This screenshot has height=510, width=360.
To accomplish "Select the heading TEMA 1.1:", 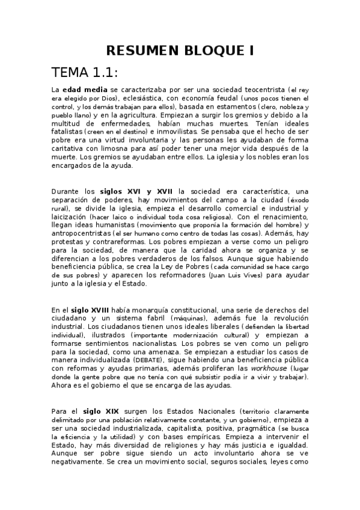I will click(x=85, y=73).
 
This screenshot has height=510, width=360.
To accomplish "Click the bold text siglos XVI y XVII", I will click(x=137, y=191).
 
